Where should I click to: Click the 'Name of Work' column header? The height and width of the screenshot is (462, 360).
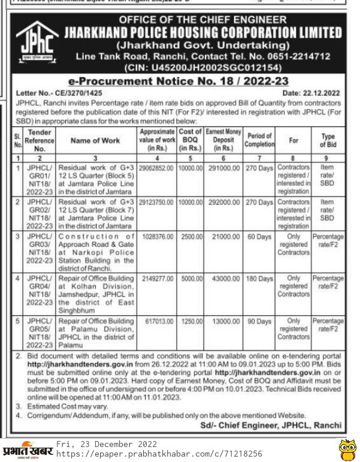pyautogui.click(x=95, y=140)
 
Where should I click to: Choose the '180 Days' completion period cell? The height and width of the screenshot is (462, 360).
pyautogui.click(x=259, y=279)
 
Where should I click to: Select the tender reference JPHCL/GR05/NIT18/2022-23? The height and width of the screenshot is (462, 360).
pyautogui.click(x=40, y=333)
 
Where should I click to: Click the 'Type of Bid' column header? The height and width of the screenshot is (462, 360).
pyautogui.click(x=328, y=140)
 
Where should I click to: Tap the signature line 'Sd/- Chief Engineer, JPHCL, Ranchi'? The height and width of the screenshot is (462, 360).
pyautogui.click(x=271, y=425)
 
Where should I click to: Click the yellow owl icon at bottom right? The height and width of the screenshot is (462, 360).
pyautogui.click(x=346, y=449)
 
